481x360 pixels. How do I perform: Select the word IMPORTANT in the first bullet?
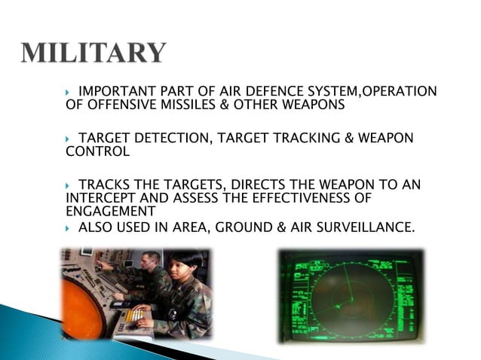[x=112, y=92]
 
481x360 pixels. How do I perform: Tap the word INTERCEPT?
[x=99, y=198]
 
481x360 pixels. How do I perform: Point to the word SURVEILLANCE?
[x=366, y=226]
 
